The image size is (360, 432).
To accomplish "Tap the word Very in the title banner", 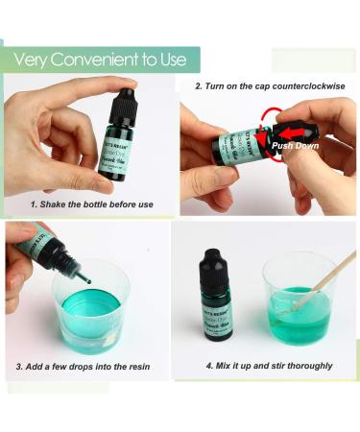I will [33, 60].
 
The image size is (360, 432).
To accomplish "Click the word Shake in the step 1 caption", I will [59, 204].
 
